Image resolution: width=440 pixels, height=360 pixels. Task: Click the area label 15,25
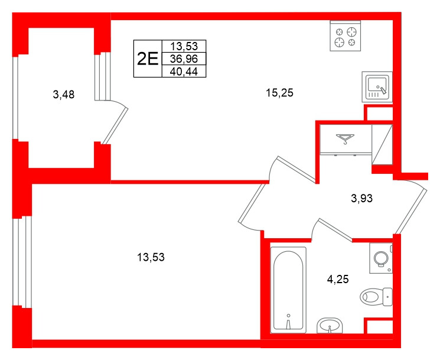point(279,92)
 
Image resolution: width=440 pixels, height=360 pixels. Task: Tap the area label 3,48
point(63,95)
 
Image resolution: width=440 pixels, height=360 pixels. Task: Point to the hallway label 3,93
point(361,199)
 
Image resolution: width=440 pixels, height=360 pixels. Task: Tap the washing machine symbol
point(381,258)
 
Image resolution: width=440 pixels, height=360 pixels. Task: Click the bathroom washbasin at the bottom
point(330,325)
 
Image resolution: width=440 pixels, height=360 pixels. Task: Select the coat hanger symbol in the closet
point(344,140)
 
